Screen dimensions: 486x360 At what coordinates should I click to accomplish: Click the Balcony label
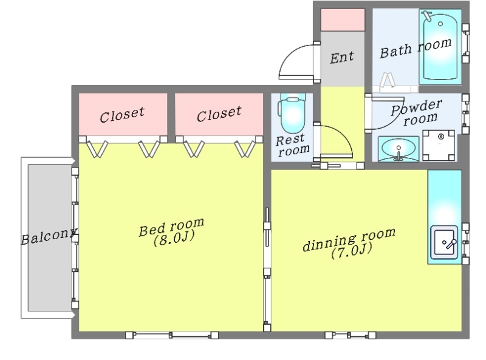[49, 237]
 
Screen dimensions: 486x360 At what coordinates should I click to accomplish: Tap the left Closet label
[122, 114]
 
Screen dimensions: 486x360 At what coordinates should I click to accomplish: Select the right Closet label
[219, 113]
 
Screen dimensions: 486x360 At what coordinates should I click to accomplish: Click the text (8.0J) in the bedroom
[174, 239]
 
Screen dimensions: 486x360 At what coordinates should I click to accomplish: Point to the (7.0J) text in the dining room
[351, 251]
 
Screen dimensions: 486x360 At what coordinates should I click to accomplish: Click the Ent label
[342, 57]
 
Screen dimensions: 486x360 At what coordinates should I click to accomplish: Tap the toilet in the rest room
[292, 114]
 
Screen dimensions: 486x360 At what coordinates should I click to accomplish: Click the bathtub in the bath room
[440, 47]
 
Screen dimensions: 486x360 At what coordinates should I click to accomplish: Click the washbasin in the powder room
[399, 149]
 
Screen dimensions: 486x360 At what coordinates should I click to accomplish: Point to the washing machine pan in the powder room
[439, 145]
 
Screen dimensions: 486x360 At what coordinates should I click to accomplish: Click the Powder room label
[417, 112]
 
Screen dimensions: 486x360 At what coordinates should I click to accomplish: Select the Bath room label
[416, 48]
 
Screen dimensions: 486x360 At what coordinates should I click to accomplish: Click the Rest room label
[292, 145]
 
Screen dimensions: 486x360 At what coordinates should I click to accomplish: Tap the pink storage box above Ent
[343, 20]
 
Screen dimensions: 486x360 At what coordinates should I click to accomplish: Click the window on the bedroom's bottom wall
[172, 335]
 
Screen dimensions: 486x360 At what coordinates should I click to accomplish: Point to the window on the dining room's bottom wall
[351, 335]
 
